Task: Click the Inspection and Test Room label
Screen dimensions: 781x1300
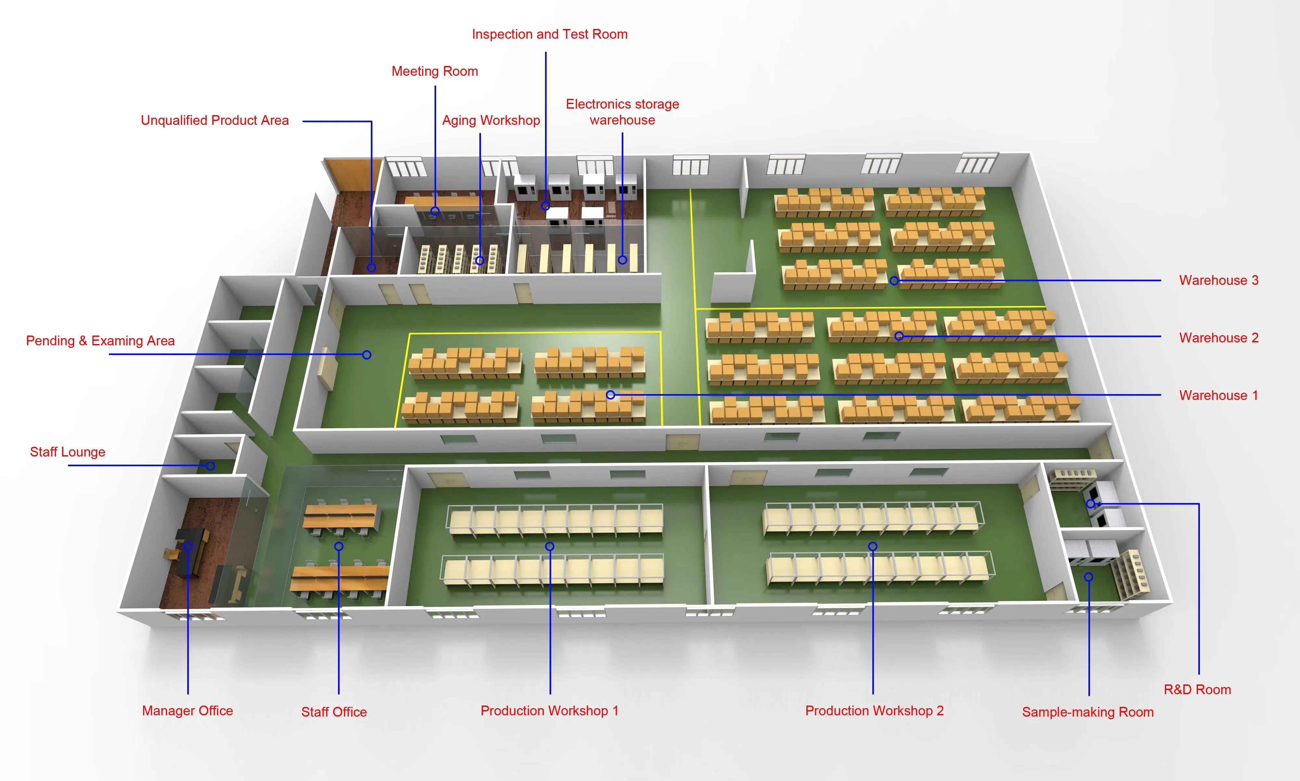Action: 550,34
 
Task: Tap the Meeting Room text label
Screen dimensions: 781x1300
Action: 435,71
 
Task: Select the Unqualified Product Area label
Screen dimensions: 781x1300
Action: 214,121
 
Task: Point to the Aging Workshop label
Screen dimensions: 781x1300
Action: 491,121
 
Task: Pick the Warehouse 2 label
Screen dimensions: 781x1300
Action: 1218,338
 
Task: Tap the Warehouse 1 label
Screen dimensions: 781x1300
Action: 1218,395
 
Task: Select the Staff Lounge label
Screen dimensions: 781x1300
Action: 67,452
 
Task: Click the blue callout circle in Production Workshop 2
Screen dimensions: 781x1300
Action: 872,546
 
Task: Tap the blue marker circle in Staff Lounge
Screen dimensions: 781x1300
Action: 210,466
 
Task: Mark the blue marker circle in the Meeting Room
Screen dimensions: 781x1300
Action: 435,211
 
